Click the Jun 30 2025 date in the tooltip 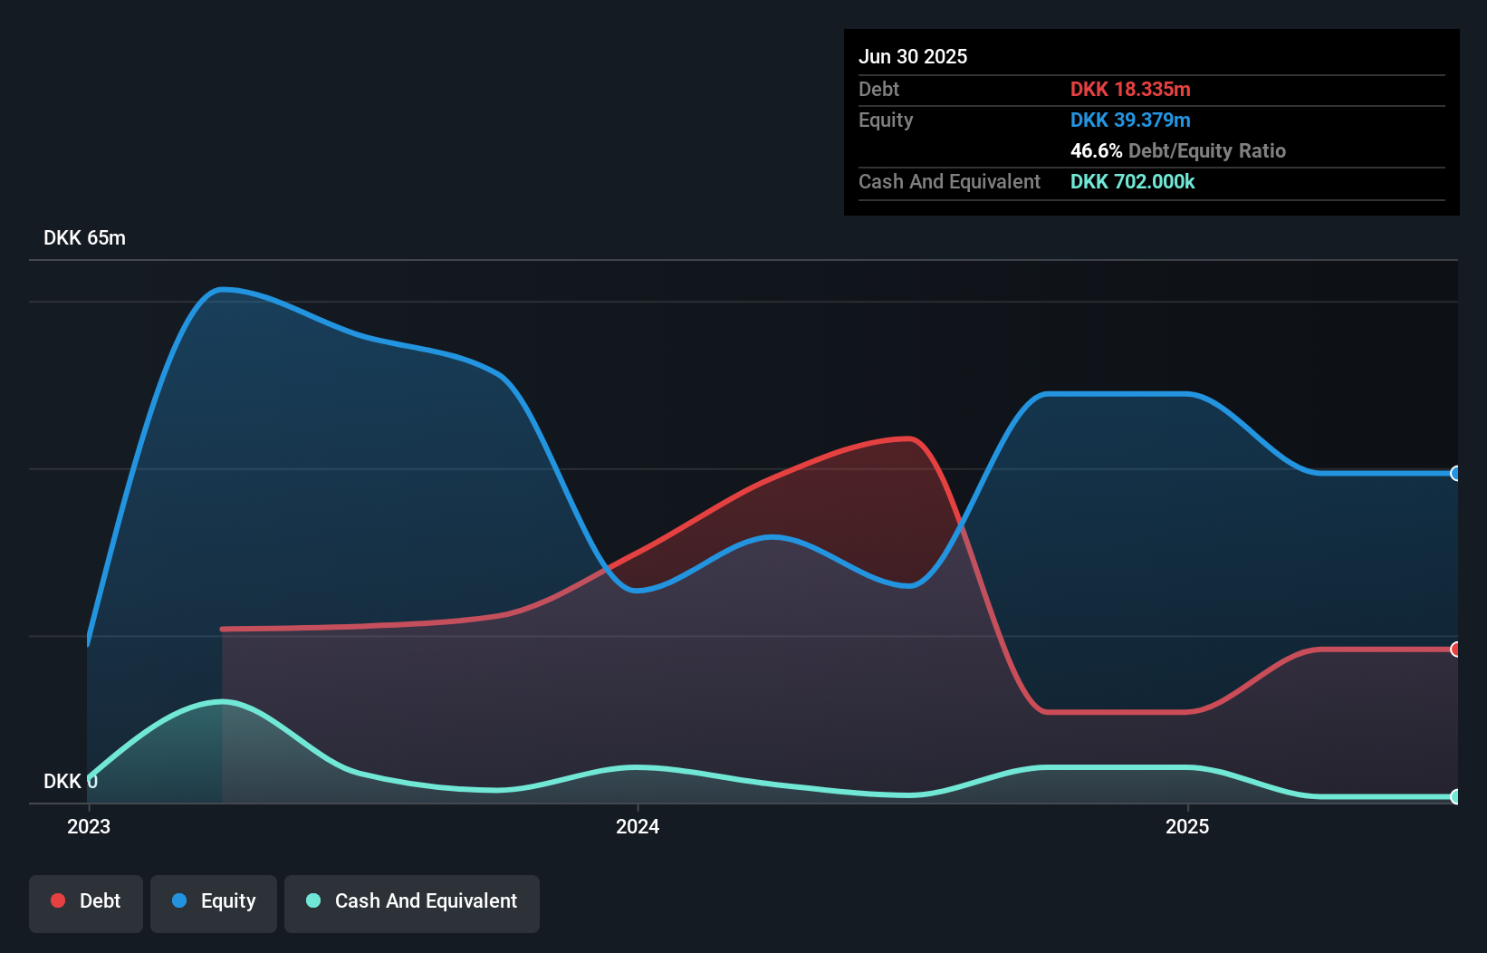coord(912,56)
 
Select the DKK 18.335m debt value coord(1129,89)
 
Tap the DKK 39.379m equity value coord(1129,120)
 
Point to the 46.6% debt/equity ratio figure coord(1096,150)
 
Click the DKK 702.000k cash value coord(1132,181)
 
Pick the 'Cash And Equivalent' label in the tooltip coord(949,181)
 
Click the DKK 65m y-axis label coord(84,237)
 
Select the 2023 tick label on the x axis coord(89,826)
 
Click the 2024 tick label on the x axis coord(638,826)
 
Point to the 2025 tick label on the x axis coord(1187,826)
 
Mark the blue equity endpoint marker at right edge coord(1455,473)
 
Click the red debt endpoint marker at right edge coord(1455,649)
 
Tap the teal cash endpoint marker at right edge coord(1455,796)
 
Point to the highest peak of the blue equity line coord(222,289)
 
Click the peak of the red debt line coord(908,438)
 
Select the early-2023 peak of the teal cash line coord(222,701)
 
